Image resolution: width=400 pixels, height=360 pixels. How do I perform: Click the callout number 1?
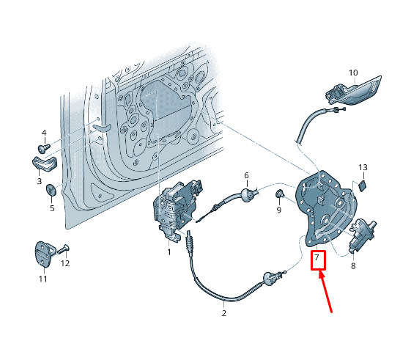[169, 252]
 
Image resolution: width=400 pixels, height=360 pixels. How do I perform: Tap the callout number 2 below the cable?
[223, 313]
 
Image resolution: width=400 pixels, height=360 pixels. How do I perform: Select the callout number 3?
[40, 181]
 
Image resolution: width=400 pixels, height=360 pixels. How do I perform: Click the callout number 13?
[363, 167]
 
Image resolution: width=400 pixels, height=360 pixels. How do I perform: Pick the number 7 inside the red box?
[316, 257]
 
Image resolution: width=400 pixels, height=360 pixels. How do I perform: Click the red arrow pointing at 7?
[325, 292]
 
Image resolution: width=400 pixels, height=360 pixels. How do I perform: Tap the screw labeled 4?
[43, 148]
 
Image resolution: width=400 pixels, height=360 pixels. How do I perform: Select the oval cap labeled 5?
[51, 190]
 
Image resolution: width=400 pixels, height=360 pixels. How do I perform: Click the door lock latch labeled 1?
[176, 210]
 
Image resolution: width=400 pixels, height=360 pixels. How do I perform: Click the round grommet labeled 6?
[246, 195]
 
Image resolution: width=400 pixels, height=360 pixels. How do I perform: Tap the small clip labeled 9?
[280, 194]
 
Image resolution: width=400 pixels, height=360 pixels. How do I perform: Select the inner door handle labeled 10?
[353, 91]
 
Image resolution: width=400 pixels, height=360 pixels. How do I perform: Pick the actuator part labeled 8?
[361, 235]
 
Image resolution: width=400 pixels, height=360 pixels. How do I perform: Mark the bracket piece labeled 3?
[45, 164]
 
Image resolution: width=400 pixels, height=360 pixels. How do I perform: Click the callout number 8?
[353, 266]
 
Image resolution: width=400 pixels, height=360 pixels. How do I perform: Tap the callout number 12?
[65, 263]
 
